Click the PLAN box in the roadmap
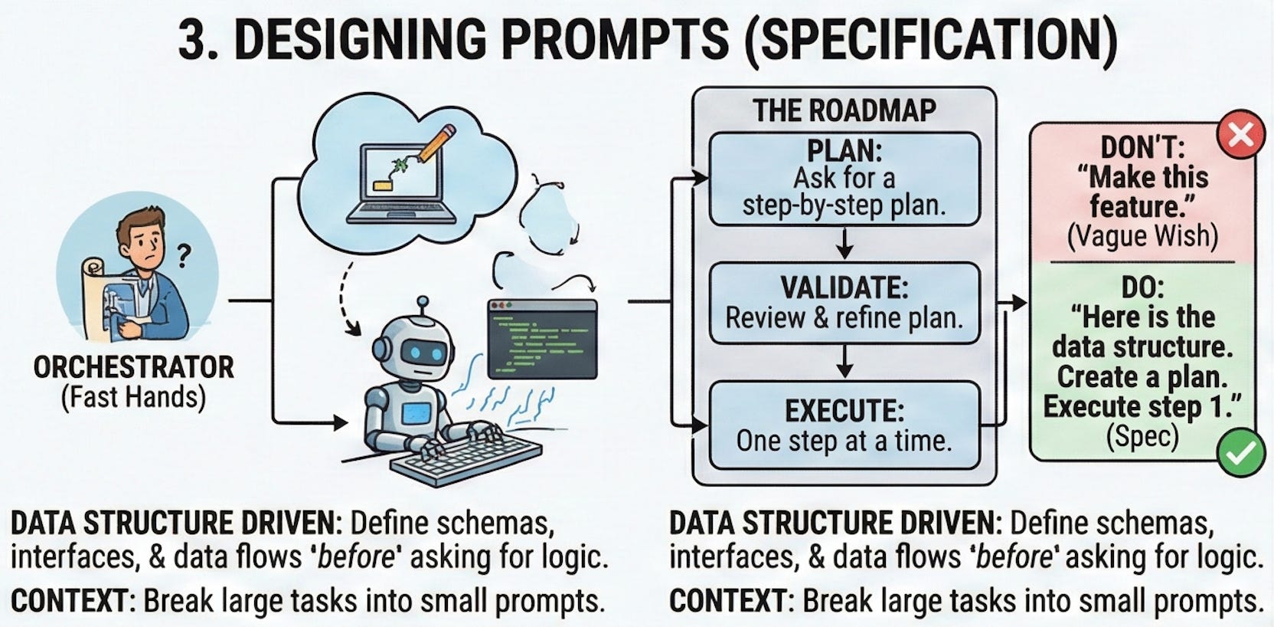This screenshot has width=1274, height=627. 844,179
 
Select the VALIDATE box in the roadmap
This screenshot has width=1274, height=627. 844,303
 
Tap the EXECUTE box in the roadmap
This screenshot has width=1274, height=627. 844,425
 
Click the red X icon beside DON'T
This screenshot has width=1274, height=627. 1240,134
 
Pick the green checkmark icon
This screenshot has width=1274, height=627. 1240,453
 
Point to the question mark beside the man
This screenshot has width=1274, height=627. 183,255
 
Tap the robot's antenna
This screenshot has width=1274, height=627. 420,304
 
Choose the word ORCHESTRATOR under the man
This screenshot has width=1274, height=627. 133,368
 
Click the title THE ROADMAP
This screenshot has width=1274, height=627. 844,110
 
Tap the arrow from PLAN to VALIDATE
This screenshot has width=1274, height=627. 844,244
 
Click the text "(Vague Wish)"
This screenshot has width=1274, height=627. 1142,236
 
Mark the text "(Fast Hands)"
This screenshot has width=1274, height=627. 133,398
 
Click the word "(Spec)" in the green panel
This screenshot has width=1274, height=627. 1142,436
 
